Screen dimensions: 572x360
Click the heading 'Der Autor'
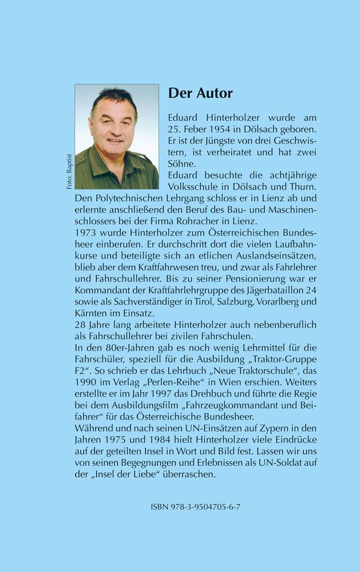point(200,93)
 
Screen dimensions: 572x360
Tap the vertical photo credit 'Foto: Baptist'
point(68,171)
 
